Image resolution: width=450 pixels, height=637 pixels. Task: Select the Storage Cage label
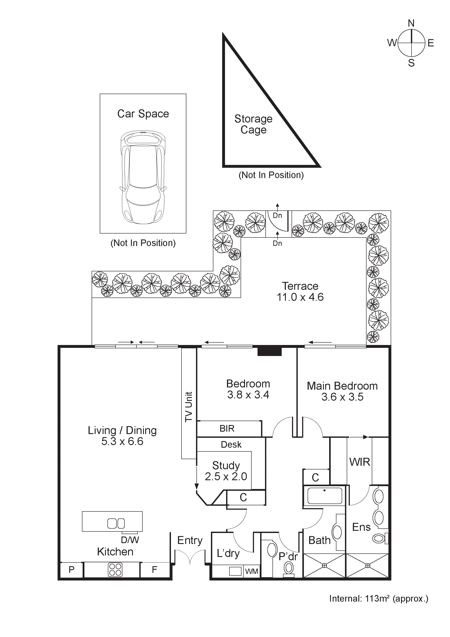pos(253,124)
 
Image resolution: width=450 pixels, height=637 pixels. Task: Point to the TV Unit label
pos(189,407)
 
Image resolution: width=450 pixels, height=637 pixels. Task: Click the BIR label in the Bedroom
pos(227,429)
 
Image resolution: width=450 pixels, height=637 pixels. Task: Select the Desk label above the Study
pos(231,445)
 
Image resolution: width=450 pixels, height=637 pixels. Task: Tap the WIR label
pos(359,462)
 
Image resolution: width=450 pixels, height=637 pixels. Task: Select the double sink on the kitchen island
pos(116,524)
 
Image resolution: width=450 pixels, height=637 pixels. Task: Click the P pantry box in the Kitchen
pos(72,570)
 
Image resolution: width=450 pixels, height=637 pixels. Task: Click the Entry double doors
pos(190,557)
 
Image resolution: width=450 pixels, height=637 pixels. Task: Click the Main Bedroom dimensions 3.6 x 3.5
pos(342,397)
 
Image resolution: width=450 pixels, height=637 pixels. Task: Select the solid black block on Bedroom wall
pos(270,351)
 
